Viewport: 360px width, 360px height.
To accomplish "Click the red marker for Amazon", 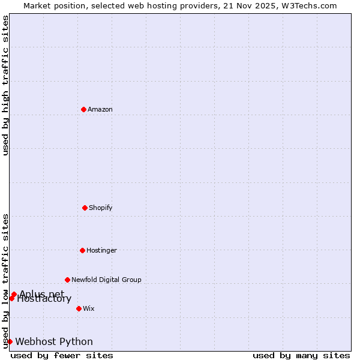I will pyautogui.click(x=83, y=109).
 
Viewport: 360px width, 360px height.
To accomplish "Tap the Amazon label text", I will pyautogui.click(x=100, y=109).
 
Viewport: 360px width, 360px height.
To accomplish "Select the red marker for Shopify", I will pyautogui.click(x=85, y=208).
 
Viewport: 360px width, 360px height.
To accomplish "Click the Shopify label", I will pyautogui.click(x=101, y=208).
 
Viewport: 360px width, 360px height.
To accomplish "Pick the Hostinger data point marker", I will pyautogui.click(x=82, y=250).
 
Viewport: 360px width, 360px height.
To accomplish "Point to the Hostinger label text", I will pyautogui.click(x=101, y=250).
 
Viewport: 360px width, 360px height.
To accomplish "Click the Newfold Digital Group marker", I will pyautogui.click(x=67, y=280).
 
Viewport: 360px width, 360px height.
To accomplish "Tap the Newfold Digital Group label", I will pyautogui.click(x=106, y=280).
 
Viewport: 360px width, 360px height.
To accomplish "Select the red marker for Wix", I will pyautogui.click(x=79, y=308).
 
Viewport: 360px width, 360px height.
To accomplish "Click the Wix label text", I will pyautogui.click(x=89, y=308).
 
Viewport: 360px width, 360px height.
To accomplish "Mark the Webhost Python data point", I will pyautogui.click(x=10, y=341).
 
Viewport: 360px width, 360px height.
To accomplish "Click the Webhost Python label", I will pyautogui.click(x=54, y=342).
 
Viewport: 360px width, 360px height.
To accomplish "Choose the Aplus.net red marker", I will pyautogui.click(x=14, y=294).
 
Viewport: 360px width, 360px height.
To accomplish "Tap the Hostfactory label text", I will pyautogui.click(x=44, y=299).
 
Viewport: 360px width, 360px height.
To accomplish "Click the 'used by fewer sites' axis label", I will pyautogui.click(x=62, y=355).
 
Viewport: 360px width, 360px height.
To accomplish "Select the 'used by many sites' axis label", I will pyautogui.click(x=301, y=355).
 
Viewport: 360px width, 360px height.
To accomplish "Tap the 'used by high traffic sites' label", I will pyautogui.click(x=5, y=85).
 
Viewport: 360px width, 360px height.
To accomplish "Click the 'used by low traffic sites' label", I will pyautogui.click(x=5, y=281).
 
